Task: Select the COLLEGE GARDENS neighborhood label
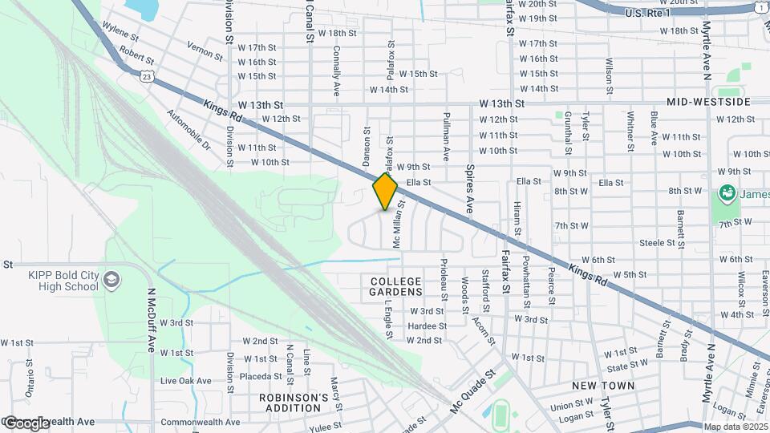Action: click(x=395, y=286)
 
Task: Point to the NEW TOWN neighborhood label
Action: click(x=603, y=386)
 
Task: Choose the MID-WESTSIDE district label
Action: click(x=708, y=103)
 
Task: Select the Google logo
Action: click(x=26, y=423)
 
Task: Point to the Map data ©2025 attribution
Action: click(x=734, y=427)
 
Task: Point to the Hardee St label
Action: click(x=427, y=326)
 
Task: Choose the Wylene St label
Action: click(x=120, y=37)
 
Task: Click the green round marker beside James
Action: click(x=727, y=192)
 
